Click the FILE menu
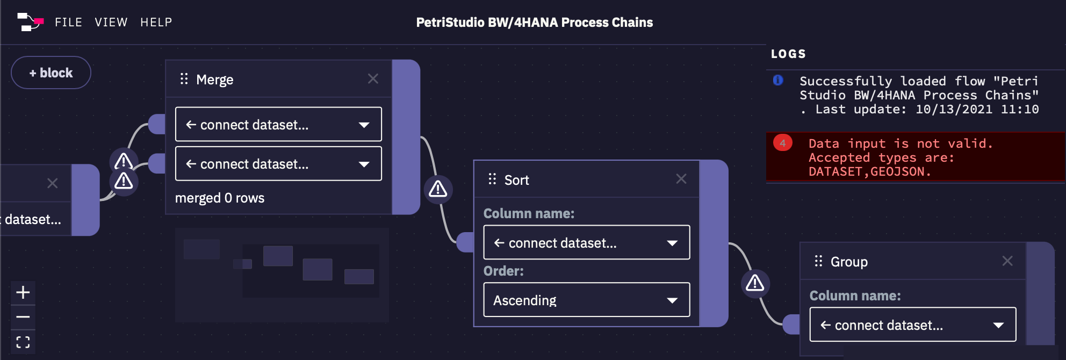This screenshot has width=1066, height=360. click(x=68, y=22)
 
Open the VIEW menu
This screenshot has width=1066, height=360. click(x=111, y=22)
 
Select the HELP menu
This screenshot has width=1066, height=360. click(x=156, y=22)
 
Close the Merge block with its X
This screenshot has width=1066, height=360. click(x=373, y=79)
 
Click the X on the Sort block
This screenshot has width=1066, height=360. click(x=681, y=179)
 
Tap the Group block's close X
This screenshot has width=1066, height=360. click(x=1007, y=261)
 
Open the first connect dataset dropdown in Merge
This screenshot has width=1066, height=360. click(x=278, y=124)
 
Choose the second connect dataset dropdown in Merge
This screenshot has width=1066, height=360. click(x=278, y=164)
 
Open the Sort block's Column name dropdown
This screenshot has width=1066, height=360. click(x=586, y=243)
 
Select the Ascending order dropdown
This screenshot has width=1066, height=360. click(x=586, y=300)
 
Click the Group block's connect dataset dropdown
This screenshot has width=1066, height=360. click(x=912, y=325)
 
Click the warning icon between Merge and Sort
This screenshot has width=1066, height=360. click(x=438, y=189)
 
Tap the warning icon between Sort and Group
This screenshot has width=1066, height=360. click(x=755, y=283)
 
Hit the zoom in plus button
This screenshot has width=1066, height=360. click(x=23, y=292)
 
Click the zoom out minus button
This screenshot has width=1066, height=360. click(x=23, y=317)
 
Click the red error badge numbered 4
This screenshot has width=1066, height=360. click(x=782, y=143)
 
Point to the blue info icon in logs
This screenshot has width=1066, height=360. click(x=777, y=81)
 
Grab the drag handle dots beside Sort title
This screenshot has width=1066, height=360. click(x=492, y=179)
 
